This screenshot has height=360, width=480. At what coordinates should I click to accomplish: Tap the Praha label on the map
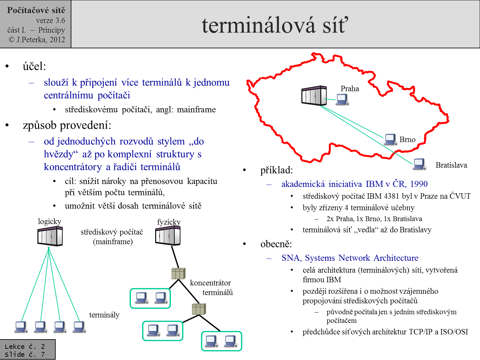click(x=349, y=89)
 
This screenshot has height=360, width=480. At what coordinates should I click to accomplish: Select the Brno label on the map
click(x=407, y=140)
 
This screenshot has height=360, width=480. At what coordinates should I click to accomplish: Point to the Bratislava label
click(x=451, y=165)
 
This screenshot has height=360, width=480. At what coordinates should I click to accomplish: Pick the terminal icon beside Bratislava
click(x=419, y=164)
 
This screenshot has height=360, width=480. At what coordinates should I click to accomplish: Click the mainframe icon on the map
click(x=314, y=95)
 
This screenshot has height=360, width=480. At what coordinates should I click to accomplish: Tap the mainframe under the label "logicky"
click(x=50, y=236)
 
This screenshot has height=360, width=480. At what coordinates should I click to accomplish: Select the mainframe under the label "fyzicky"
click(x=168, y=236)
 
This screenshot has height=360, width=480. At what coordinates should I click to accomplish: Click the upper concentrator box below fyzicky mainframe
click(x=178, y=274)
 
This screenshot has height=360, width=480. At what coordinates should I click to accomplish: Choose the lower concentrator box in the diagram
click(x=198, y=309)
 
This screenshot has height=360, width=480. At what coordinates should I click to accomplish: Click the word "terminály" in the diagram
click(x=104, y=315)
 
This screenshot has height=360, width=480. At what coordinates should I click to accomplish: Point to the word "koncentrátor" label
click(x=210, y=283)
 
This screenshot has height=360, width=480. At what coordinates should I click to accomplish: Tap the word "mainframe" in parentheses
click(x=113, y=242)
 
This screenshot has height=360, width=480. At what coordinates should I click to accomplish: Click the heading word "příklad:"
click(x=276, y=170)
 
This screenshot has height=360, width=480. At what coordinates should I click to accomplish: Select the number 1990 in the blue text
click(x=419, y=184)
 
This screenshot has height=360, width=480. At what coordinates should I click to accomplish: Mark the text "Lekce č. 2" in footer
click(x=25, y=347)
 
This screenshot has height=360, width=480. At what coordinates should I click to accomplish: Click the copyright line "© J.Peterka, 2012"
click(x=37, y=40)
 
